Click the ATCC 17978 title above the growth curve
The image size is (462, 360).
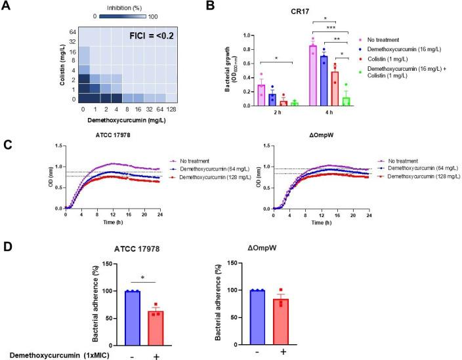tap(104, 136)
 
